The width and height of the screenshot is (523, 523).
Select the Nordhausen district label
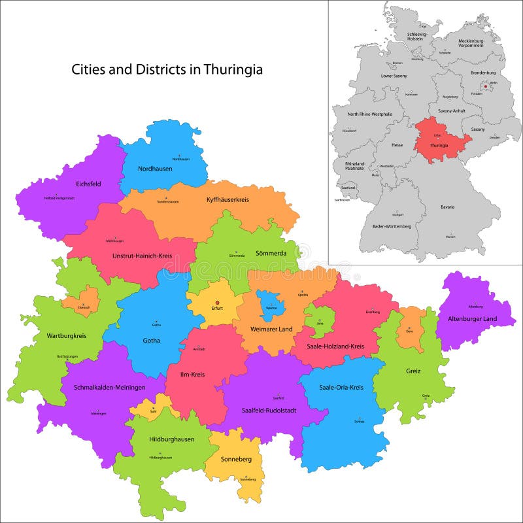(155, 169)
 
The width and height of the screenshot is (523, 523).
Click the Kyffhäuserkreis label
(228, 199)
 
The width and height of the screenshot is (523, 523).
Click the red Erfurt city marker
(217, 301)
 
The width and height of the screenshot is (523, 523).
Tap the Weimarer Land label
(271, 329)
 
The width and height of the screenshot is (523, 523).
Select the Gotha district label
(152, 340)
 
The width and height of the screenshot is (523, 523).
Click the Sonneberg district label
(237, 460)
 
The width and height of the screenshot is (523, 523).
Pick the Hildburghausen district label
(171, 439)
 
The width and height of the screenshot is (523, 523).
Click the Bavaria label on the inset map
(447, 207)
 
